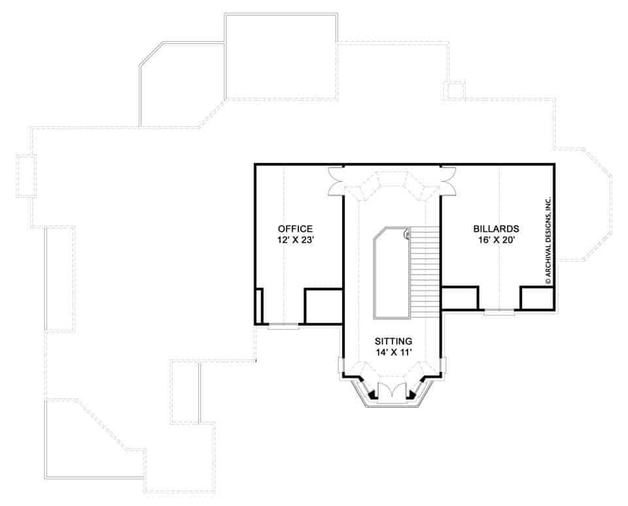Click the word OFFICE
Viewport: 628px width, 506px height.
(x=295, y=228)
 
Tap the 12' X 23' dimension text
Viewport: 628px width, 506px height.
(x=295, y=240)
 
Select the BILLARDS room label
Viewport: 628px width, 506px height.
(x=496, y=229)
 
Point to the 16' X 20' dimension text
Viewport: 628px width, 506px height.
(x=496, y=240)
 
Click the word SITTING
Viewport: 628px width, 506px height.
(x=392, y=341)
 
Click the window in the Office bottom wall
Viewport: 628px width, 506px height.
(x=283, y=325)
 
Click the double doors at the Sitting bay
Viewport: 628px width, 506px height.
(x=392, y=391)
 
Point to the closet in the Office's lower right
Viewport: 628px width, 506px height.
(x=323, y=306)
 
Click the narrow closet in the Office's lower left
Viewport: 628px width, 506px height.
(x=259, y=306)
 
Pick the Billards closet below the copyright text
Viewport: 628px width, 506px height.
(x=537, y=298)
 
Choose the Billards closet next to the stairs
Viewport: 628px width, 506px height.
(x=459, y=298)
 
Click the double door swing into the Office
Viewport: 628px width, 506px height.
(x=335, y=181)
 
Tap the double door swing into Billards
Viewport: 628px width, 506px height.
(x=449, y=181)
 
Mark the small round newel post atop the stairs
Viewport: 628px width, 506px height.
(x=407, y=232)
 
